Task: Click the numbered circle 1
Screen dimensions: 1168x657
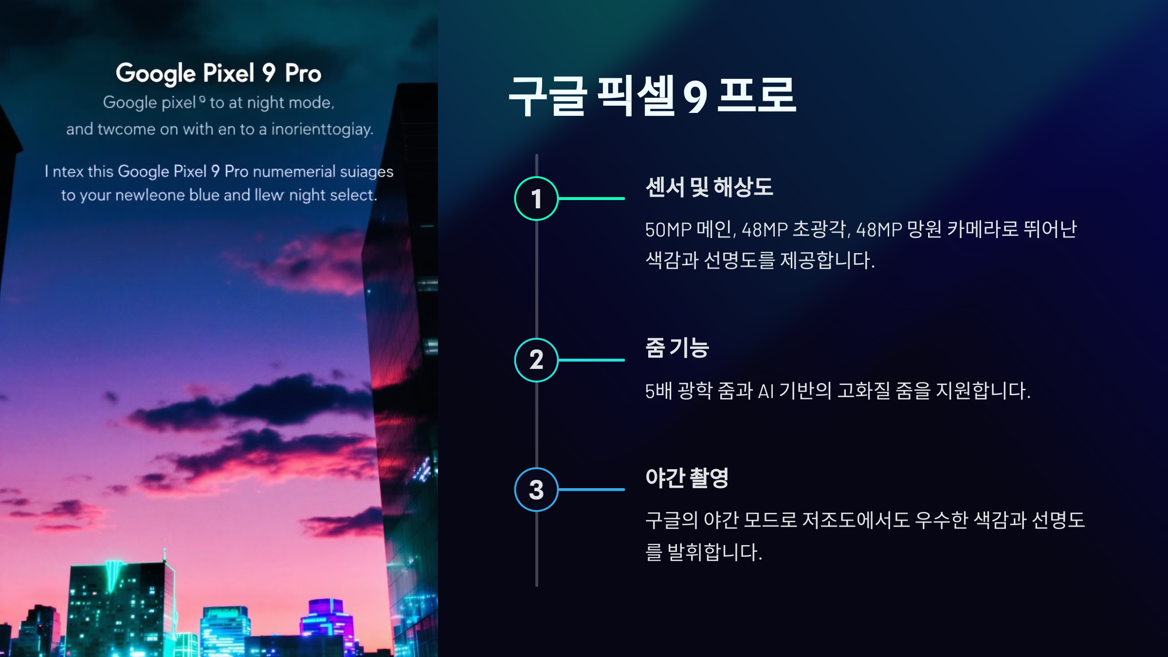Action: [x=536, y=199]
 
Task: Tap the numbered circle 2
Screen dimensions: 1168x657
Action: [x=536, y=360]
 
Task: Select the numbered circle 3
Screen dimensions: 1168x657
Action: [x=536, y=490]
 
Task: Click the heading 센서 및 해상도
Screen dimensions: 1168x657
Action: [x=709, y=187]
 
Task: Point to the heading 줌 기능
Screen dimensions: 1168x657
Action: [x=677, y=348]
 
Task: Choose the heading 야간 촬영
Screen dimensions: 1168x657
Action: [x=687, y=478]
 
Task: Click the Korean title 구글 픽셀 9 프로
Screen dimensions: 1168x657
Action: [x=652, y=96]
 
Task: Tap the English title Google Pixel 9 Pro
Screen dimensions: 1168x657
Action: [x=219, y=73]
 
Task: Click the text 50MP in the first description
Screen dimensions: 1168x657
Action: [x=668, y=230]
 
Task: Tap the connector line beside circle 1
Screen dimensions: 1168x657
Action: [x=591, y=199]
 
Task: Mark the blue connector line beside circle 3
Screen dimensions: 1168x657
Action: [x=591, y=490]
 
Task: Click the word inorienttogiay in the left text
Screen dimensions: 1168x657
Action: [x=322, y=129]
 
